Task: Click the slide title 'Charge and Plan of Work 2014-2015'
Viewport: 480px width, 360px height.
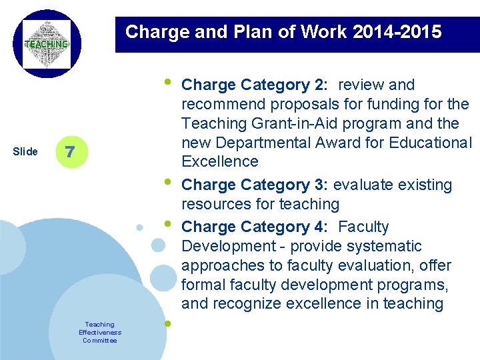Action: (283, 31)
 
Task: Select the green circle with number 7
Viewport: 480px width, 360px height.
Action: (71, 151)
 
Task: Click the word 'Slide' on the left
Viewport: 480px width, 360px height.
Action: (25, 151)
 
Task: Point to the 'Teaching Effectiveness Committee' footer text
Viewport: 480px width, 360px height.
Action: (100, 332)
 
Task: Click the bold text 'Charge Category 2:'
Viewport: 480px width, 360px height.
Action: (255, 85)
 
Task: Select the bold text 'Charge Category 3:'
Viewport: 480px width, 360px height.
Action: (255, 185)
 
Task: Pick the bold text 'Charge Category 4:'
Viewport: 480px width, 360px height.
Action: (255, 227)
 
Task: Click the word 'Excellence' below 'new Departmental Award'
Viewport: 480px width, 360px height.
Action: (220, 161)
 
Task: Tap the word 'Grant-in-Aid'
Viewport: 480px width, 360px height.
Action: (277, 123)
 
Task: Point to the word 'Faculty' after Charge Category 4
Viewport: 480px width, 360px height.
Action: (364, 227)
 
